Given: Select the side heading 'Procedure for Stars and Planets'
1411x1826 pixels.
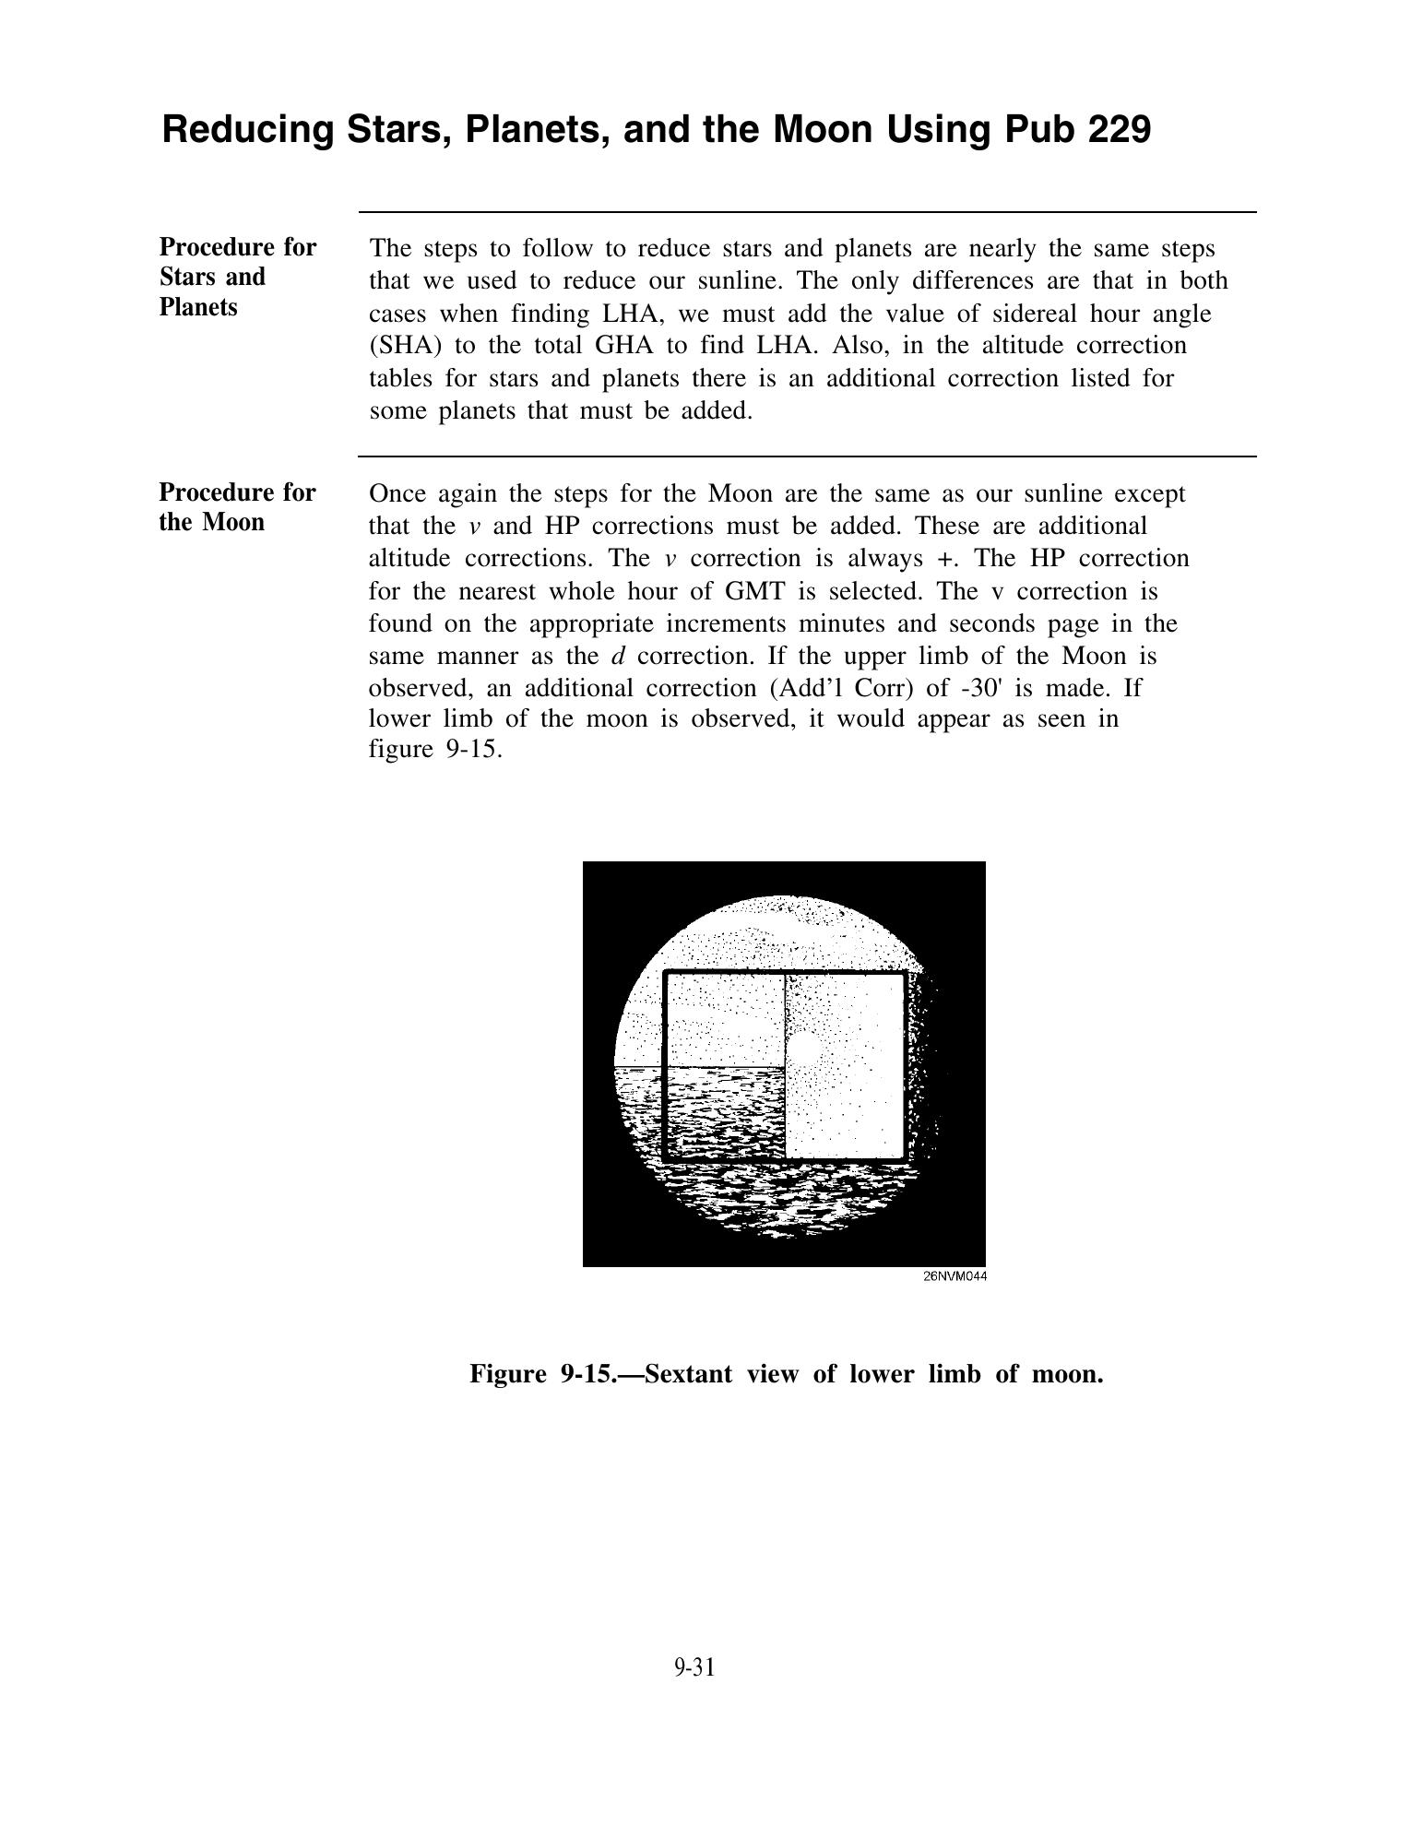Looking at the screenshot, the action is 237,277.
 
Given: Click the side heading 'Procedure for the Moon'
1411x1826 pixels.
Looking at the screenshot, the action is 237,507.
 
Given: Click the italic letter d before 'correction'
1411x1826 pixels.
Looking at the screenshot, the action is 618,657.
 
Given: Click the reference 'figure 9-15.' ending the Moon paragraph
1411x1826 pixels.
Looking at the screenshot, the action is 435,749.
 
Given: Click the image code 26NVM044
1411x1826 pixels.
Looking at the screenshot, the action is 954,1276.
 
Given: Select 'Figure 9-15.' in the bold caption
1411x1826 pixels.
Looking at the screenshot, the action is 551,1374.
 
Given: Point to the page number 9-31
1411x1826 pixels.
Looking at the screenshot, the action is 694,1667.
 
